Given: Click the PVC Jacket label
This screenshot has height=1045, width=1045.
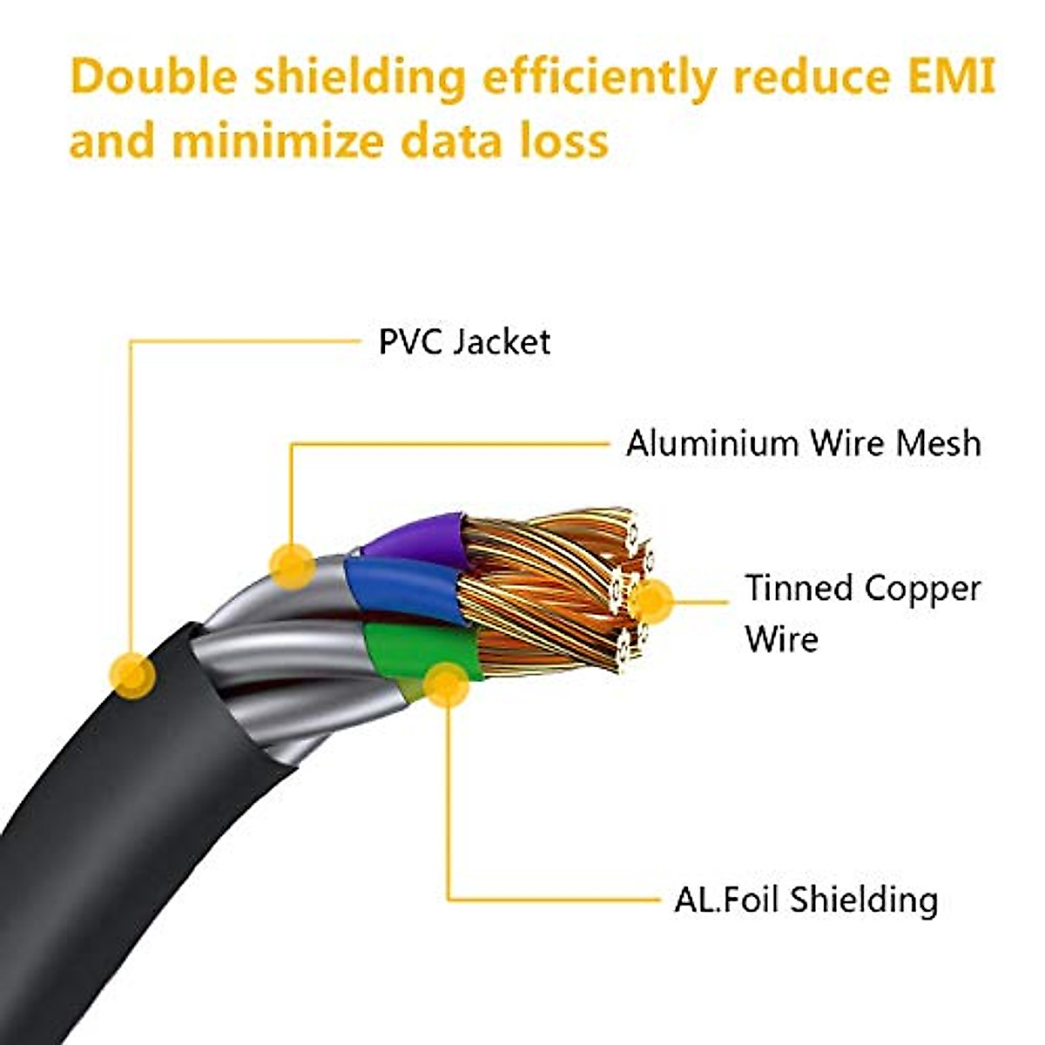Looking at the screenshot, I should point(464,341).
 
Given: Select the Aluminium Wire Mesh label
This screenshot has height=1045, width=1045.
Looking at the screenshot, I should point(803,443).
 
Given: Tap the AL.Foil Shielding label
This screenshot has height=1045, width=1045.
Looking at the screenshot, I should point(806,899).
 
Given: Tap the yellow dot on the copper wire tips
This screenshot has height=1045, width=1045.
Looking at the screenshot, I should point(651,600).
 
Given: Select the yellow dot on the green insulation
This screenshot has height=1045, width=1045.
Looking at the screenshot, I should point(447,684).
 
